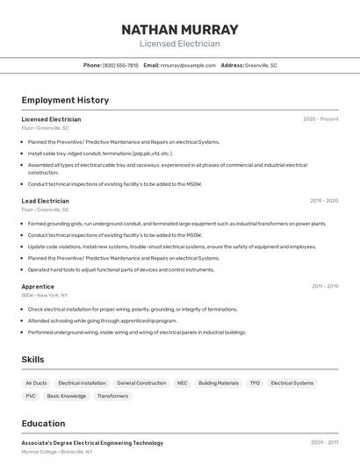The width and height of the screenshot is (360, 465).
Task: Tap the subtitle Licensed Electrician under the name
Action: pyautogui.click(x=180, y=44)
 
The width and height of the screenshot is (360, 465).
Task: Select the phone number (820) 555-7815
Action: pyautogui.click(x=120, y=65)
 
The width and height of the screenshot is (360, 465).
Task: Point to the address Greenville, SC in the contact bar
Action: pyautogui.click(x=261, y=65)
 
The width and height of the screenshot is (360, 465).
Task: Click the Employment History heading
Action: pyautogui.click(x=65, y=100)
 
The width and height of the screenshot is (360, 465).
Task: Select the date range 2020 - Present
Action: pyautogui.click(x=320, y=119)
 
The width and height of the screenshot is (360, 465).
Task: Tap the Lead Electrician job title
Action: pyautogui.click(x=46, y=201)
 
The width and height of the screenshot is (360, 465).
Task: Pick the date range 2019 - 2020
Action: pyautogui.click(x=324, y=201)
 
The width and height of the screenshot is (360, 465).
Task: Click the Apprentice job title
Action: pyautogui.click(x=38, y=287)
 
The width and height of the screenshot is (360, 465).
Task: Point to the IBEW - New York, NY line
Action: pyautogui.click(x=45, y=296)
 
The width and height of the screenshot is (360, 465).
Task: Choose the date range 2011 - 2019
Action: pyautogui.click(x=325, y=287)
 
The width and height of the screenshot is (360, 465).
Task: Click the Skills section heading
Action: pyautogui.click(x=33, y=360)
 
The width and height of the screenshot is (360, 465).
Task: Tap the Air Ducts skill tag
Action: pyautogui.click(x=37, y=383)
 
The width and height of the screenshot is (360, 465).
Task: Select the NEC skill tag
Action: pyautogui.click(x=183, y=383)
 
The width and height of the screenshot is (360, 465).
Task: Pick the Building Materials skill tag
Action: pyautogui.click(x=219, y=383)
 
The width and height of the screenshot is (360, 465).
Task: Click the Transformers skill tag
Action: pyautogui.click(x=112, y=396)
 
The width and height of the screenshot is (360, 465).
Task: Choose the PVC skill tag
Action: pyautogui.click(x=31, y=396)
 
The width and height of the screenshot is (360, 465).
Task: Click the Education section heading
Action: pyautogui.click(x=43, y=423)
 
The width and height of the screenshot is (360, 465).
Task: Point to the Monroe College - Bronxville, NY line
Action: pyautogui.click(x=57, y=451)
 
